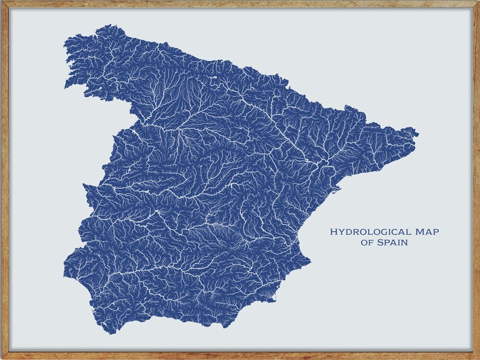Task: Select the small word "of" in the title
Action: (x=366, y=243)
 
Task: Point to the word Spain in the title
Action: (x=392, y=243)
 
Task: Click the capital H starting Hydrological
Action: (x=333, y=232)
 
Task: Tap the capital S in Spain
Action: (x=379, y=243)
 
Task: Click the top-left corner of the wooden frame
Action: (x=2, y=2)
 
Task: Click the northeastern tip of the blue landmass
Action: (x=417, y=132)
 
